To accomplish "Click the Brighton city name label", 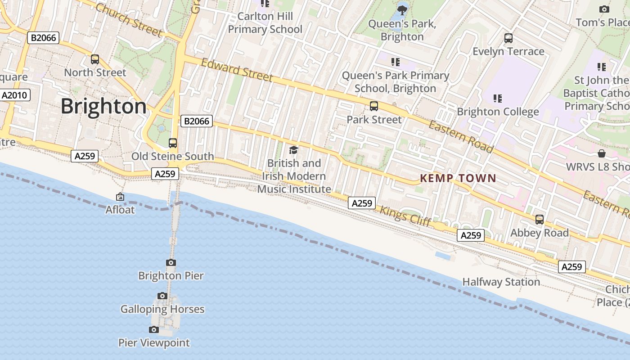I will (x=103, y=107).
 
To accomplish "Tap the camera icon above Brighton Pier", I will (x=171, y=263).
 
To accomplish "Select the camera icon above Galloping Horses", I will (x=162, y=296).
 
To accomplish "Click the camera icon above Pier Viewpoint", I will (x=154, y=330).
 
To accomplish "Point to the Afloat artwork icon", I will (x=120, y=197).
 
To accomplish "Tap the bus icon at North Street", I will (x=95, y=59).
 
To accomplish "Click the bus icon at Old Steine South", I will (x=173, y=143).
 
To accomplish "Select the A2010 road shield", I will (x=15, y=95).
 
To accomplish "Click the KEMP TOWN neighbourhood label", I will (x=458, y=178).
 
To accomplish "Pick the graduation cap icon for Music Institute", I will (x=294, y=150).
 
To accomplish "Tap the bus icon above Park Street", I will (x=374, y=107).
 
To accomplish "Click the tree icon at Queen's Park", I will (x=402, y=9).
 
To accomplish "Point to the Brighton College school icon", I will (x=498, y=98).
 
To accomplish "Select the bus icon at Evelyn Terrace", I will (x=508, y=38).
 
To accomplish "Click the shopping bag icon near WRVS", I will (x=602, y=154).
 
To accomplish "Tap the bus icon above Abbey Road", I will (x=540, y=220).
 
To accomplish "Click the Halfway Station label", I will (x=501, y=282).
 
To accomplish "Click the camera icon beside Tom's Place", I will (x=604, y=9).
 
